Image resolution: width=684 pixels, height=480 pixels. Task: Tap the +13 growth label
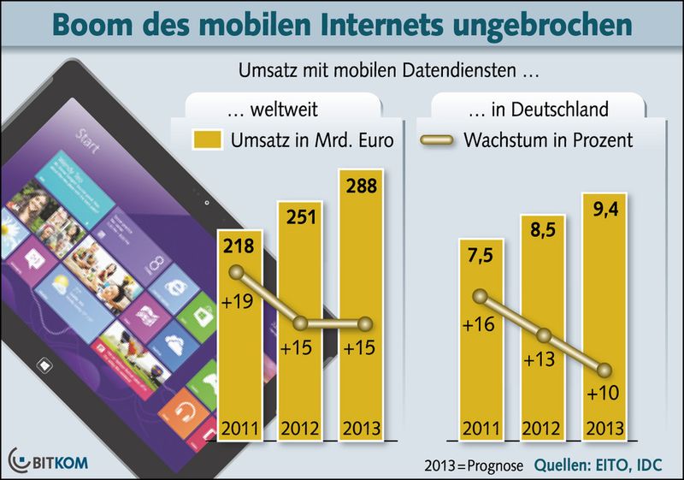(x=542, y=360)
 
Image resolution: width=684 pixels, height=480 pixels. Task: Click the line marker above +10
(x=605, y=370)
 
